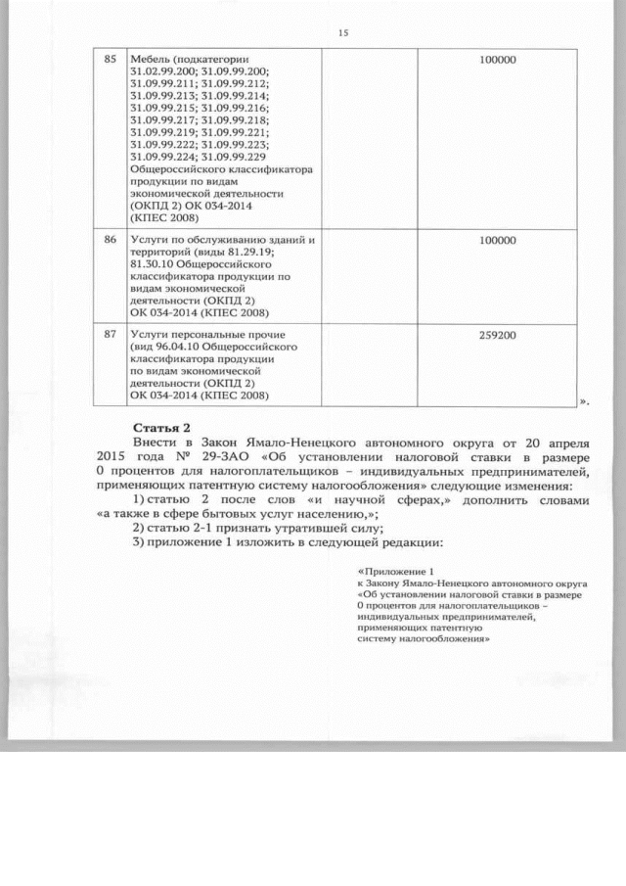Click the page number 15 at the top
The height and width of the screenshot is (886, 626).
[x=343, y=33]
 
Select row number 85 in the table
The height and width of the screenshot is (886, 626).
[x=111, y=60]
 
